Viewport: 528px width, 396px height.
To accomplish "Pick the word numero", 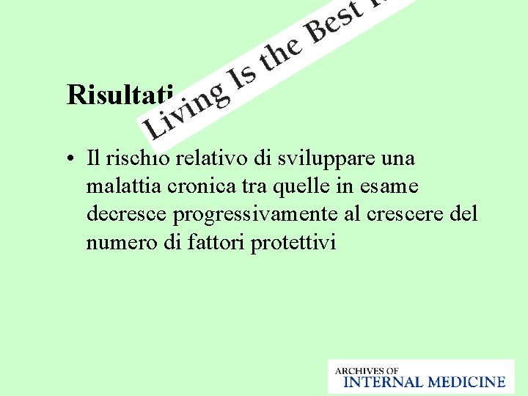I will tap(114, 242).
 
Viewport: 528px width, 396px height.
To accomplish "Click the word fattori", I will tap(218, 242).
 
